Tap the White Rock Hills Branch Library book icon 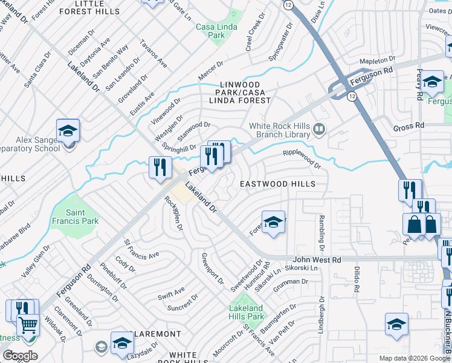[x=320, y=128]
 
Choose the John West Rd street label [x=317, y=260]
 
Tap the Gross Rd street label [x=409, y=126]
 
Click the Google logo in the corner [x=20, y=356]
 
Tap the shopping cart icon [x=27, y=325]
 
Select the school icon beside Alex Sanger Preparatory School [x=68, y=130]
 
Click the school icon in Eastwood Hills [x=273, y=222]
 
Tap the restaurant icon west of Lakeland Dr [x=160, y=167]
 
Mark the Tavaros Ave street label [x=153, y=54]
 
